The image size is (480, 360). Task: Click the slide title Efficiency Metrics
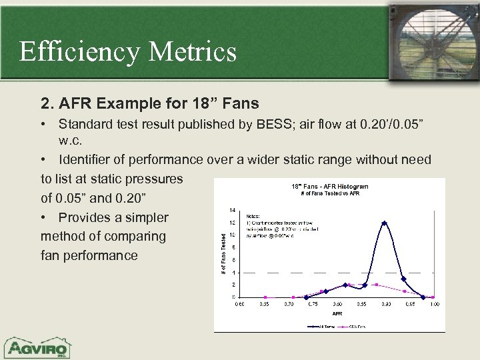[128, 51]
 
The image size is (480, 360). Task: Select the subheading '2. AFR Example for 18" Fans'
[150, 103]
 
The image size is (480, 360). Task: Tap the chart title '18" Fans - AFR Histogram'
[330, 186]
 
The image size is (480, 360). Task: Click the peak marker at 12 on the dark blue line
[384, 223]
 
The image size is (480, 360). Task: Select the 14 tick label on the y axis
[232, 210]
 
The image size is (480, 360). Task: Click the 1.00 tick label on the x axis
[433, 305]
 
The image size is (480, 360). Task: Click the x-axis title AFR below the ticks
[337, 313]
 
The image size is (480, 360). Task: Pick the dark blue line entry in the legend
[319, 327]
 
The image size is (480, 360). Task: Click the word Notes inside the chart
[254, 216]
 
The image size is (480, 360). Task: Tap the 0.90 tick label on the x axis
[385, 305]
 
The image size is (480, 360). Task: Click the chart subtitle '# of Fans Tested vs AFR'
[330, 193]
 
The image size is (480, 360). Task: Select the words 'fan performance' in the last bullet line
[89, 255]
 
